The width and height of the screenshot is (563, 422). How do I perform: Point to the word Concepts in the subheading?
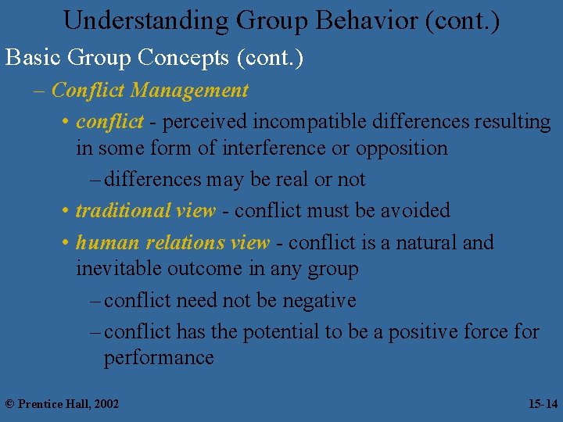click(187, 57)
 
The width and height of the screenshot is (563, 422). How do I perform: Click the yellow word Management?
click(190, 91)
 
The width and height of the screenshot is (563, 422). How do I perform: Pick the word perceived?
click(205, 122)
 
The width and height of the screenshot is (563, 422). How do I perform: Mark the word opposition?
click(402, 148)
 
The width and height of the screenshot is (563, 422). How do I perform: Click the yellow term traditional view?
click(145, 211)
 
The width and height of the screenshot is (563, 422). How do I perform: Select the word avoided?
click(414, 211)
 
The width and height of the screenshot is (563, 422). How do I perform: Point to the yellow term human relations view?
click(173, 243)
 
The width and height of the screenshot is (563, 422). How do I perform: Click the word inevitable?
click(117, 269)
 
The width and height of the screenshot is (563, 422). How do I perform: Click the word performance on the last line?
click(159, 358)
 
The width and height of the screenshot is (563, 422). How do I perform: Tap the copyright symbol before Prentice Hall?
click(10, 404)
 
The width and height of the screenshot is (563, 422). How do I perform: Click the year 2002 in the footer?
click(106, 404)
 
